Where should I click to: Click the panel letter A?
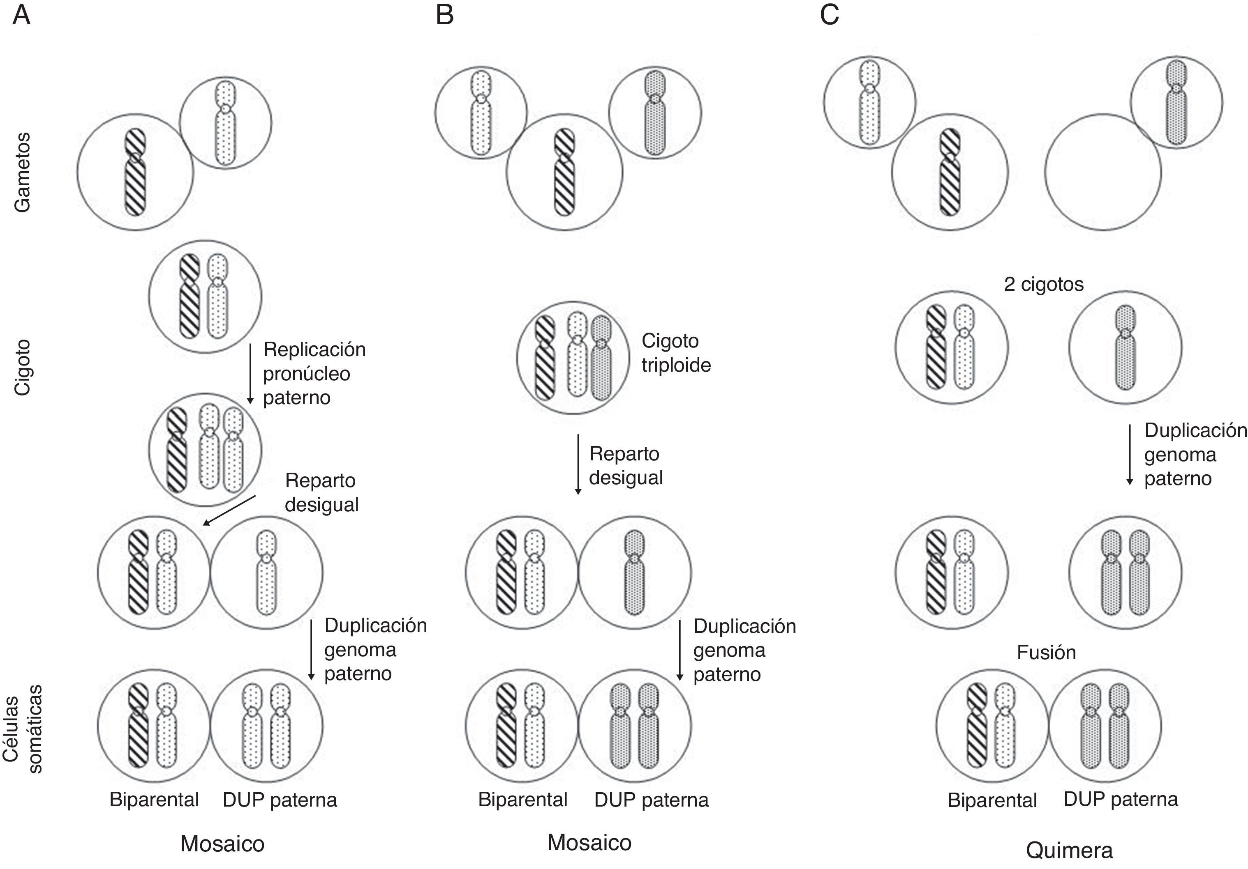tap(21, 15)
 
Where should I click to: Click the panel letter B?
tap(445, 15)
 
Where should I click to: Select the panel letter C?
tap(830, 15)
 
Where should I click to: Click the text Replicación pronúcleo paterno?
tap(314, 374)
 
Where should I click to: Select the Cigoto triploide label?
tap(676, 353)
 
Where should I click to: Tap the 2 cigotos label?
tap(1043, 284)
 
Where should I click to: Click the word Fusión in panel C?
tap(1046, 652)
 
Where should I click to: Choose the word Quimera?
tap(1069, 851)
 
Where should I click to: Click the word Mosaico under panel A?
tap(222, 844)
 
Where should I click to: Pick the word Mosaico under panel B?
tap(589, 842)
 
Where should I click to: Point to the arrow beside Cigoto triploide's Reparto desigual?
tap(578, 464)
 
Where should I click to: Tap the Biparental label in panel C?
tap(992, 800)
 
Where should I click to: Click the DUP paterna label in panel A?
tap(280, 800)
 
